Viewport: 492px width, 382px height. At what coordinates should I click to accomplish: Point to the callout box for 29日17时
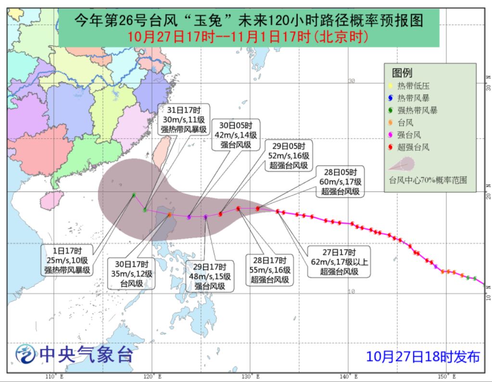[210, 276]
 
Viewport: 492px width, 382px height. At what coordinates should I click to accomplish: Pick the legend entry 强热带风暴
[416, 111]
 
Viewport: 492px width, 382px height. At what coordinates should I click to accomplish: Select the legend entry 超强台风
[412, 147]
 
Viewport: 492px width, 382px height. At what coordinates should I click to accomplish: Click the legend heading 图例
[402, 73]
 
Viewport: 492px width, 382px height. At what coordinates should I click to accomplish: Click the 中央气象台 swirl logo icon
[25, 356]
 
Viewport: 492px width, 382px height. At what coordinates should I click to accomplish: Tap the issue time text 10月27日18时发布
[423, 357]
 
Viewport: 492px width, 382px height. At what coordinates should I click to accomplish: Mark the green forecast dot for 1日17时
[134, 195]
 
